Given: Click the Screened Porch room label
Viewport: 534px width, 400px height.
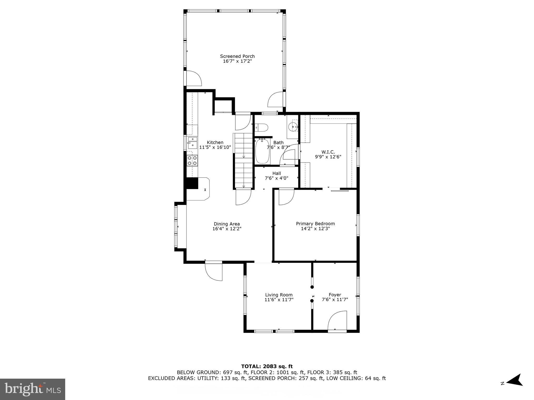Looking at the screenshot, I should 237,56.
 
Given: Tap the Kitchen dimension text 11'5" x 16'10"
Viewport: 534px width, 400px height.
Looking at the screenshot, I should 215,147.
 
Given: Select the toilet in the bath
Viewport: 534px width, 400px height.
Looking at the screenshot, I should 262,128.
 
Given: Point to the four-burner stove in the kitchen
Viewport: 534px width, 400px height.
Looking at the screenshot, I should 192,160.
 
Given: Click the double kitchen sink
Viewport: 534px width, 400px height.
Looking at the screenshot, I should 192,143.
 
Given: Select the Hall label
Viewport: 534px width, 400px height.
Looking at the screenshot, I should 276,173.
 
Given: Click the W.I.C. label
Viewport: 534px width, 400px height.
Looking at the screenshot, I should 328,152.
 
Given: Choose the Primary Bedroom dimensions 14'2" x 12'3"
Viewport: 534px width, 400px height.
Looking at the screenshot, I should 315,229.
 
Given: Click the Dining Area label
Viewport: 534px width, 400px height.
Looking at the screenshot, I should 227,224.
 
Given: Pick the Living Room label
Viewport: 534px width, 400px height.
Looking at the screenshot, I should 279,295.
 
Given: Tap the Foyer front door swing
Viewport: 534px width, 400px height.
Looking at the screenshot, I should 338,321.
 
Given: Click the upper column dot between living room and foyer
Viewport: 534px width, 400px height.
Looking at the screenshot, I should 312,287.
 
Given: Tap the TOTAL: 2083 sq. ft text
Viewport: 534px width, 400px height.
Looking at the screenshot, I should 267,366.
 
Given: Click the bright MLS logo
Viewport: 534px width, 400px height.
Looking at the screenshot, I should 33,389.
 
